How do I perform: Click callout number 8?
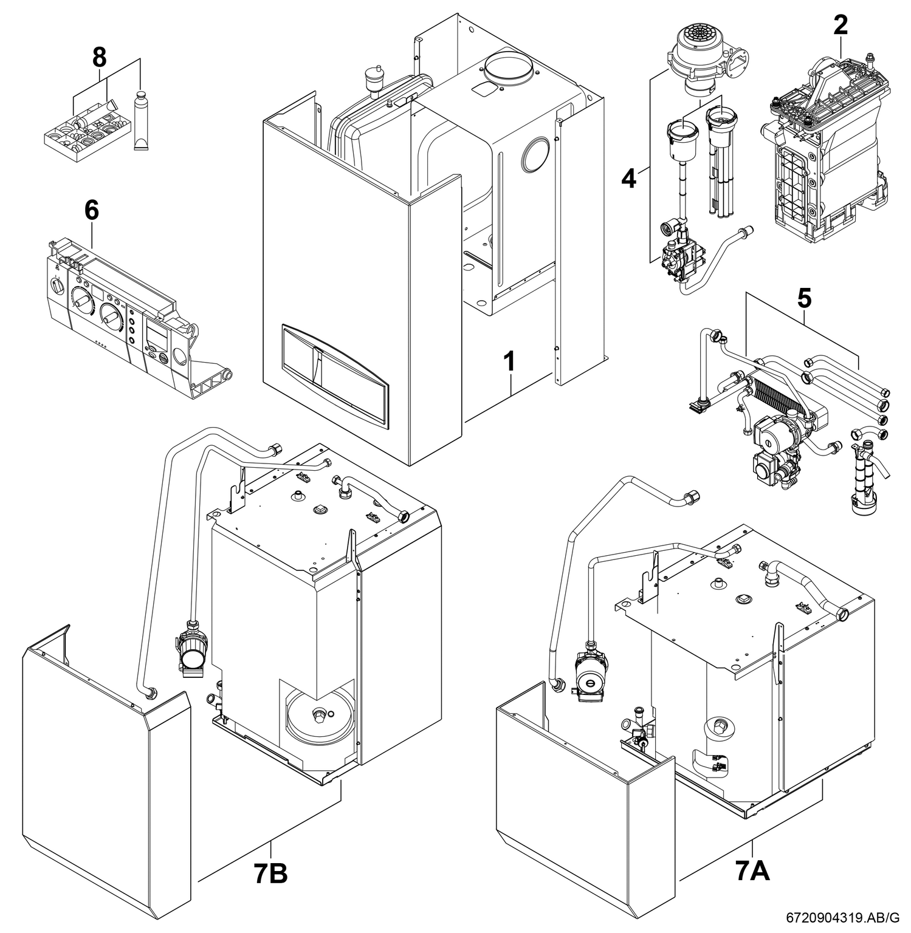[98, 58]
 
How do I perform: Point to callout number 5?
[803, 298]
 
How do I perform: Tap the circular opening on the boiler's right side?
[535, 154]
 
